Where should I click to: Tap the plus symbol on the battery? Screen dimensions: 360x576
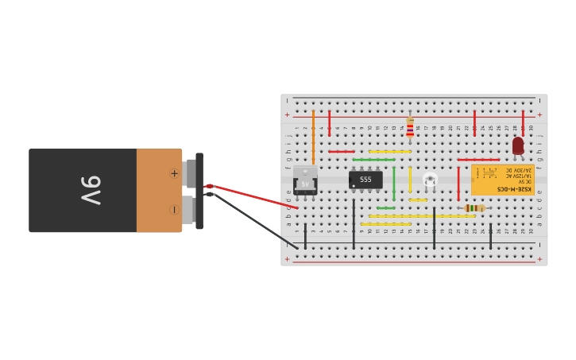click(x=174, y=173)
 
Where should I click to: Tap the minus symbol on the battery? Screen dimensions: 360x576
click(x=174, y=210)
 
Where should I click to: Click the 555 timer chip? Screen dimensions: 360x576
click(x=365, y=180)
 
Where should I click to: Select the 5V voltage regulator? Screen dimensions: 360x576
click(x=305, y=181)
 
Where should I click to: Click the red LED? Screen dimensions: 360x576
click(x=518, y=145)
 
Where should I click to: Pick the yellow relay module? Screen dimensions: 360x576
click(x=502, y=180)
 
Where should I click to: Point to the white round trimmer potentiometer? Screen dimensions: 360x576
click(x=430, y=180)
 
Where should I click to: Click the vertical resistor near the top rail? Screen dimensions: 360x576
click(x=410, y=127)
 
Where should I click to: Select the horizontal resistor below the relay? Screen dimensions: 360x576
click(x=474, y=208)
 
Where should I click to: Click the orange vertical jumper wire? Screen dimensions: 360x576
click(x=313, y=127)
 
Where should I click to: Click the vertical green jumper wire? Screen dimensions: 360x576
click(x=393, y=183)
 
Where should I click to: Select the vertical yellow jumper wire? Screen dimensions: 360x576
click(x=410, y=179)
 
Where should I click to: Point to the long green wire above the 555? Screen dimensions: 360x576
click(x=373, y=160)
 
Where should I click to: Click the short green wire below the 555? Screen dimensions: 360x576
click(x=385, y=208)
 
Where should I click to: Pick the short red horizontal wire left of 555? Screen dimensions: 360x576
click(x=342, y=152)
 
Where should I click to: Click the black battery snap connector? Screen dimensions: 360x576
click(x=199, y=191)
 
